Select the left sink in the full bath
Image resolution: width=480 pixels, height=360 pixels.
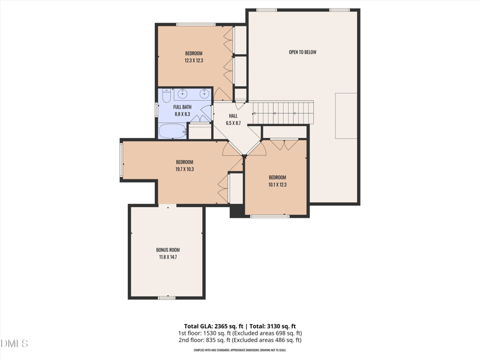pos(183,94)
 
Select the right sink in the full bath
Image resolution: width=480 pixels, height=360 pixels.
pos(204,94)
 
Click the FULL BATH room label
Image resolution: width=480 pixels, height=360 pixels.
pos(182,107)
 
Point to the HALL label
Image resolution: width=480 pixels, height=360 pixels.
pos(233,116)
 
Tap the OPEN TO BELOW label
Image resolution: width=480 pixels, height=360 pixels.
pos(302,52)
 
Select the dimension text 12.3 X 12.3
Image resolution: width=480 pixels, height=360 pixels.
pos(194,60)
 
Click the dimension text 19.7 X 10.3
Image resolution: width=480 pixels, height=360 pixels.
pos(185,169)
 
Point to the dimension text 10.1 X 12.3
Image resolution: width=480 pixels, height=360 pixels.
pos(277,185)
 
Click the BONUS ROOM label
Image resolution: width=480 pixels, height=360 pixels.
pos(168,250)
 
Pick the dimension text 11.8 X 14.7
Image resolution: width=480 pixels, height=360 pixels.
pos(168,257)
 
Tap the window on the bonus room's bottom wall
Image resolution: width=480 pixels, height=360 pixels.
pos(166,298)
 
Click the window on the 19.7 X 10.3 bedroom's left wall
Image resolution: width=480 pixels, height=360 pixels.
pos(122,160)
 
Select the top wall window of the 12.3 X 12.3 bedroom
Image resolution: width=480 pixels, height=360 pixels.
pos(196,25)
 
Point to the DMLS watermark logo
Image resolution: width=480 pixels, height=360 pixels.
pos(14,344)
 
